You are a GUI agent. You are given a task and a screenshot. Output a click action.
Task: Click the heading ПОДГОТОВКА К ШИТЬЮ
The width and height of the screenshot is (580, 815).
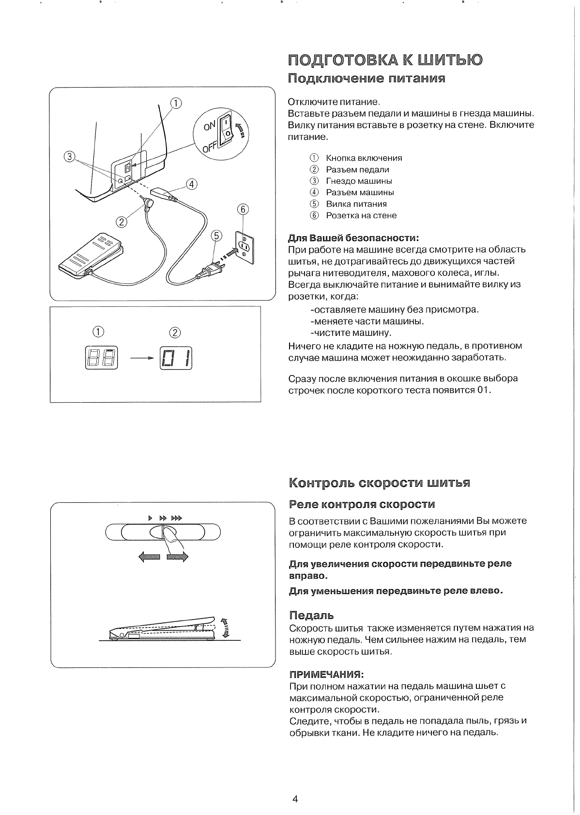click(x=385, y=60)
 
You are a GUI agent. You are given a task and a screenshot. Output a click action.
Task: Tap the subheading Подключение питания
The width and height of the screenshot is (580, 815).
click(x=366, y=78)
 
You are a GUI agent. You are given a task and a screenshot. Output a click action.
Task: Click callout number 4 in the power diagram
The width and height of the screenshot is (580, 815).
click(x=192, y=184)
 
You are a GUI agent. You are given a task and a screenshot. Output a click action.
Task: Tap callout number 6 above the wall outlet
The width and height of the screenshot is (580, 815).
click(x=243, y=209)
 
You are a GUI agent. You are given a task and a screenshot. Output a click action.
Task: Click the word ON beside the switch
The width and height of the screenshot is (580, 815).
click(x=209, y=125)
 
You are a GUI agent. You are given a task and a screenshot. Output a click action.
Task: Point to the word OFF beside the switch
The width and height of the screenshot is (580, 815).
click(x=210, y=146)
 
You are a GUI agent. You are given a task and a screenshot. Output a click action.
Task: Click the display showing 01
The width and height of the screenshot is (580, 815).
click(x=176, y=358)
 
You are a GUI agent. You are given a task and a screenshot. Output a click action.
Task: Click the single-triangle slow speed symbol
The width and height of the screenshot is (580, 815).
click(x=150, y=518)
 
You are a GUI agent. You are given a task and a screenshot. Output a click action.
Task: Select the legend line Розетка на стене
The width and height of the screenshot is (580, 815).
click(x=361, y=215)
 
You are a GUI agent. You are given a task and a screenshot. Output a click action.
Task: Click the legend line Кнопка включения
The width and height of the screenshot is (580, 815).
click(x=364, y=158)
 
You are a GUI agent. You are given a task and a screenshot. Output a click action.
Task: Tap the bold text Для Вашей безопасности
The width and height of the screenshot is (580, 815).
click(x=353, y=238)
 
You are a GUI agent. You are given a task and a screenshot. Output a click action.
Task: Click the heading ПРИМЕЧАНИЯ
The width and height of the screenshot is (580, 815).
click(x=326, y=674)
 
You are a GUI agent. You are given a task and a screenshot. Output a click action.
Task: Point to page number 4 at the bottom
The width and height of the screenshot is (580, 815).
click(x=295, y=799)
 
